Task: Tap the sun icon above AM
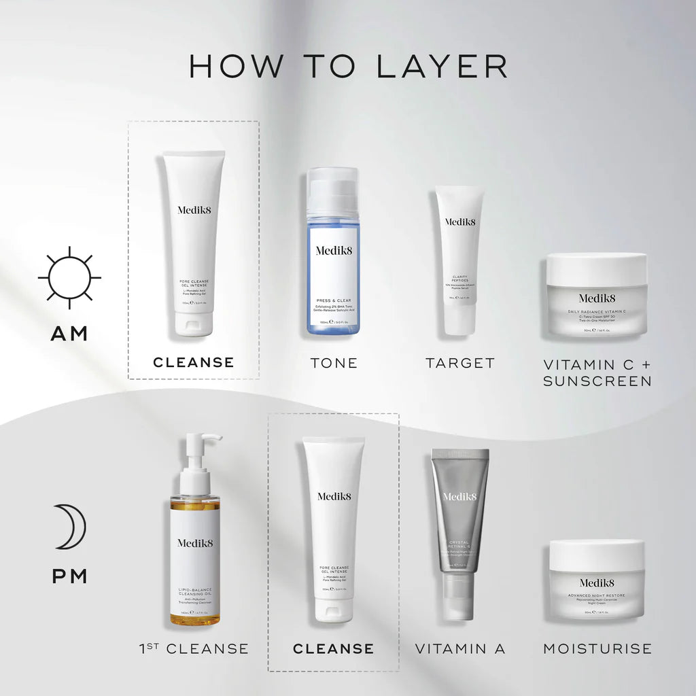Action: pos(69,278)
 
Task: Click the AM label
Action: pos(69,333)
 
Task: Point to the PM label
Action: pos(69,577)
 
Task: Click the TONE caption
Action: pos(333,363)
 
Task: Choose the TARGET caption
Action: pos(460,363)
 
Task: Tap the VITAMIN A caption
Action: pos(460,649)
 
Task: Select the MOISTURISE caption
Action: pos(597,649)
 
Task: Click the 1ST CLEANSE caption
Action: pos(194,649)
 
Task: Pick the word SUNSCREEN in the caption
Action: pos(597,381)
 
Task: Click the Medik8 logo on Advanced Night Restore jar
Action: pos(597,582)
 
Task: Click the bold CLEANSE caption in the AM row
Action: pos(194,363)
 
